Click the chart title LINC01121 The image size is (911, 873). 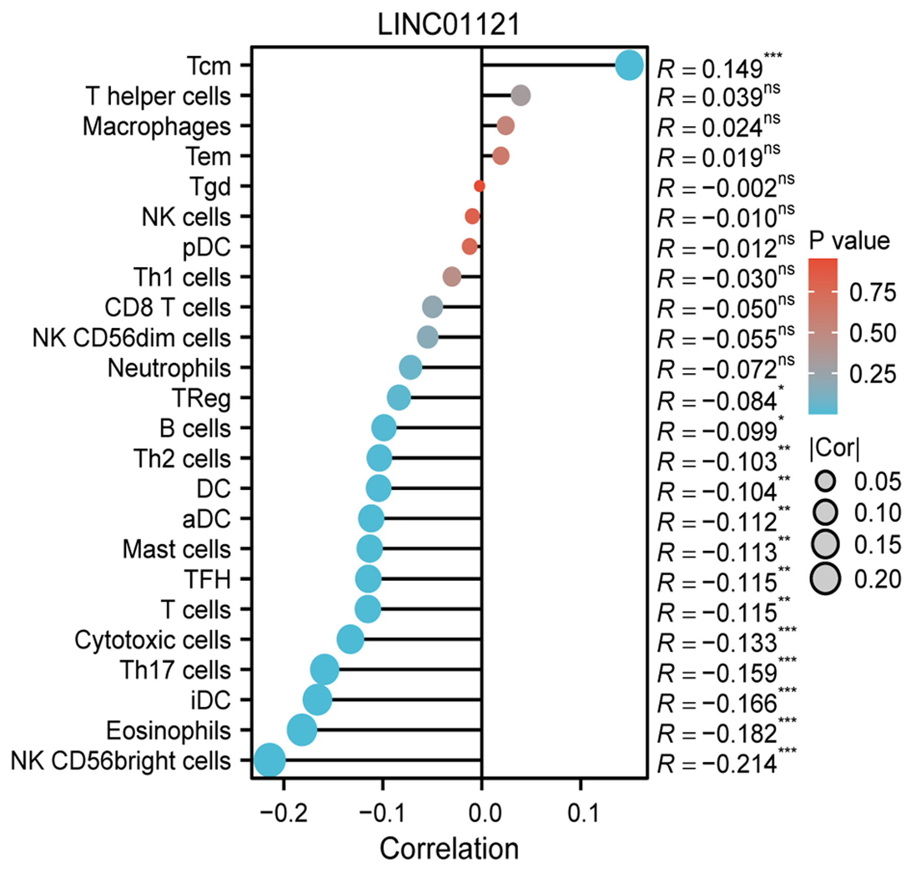click(x=449, y=25)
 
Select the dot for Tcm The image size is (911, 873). click(x=629, y=65)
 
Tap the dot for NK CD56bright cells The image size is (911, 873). click(x=269, y=760)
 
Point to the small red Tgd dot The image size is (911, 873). click(x=479, y=186)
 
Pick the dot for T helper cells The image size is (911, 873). click(x=521, y=96)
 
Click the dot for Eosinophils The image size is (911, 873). click(x=302, y=730)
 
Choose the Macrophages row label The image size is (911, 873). click(x=157, y=127)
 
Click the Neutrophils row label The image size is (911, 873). click(x=169, y=368)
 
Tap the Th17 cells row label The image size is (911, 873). click(x=175, y=670)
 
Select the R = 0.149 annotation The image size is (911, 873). click(x=719, y=68)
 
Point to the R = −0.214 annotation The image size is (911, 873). click(x=726, y=763)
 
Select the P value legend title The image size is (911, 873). click(x=849, y=241)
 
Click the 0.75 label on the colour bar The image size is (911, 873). click(x=872, y=292)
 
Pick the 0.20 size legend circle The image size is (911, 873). click(x=825, y=579)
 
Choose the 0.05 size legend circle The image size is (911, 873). click(x=825, y=482)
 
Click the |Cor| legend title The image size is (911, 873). click(x=834, y=448)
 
